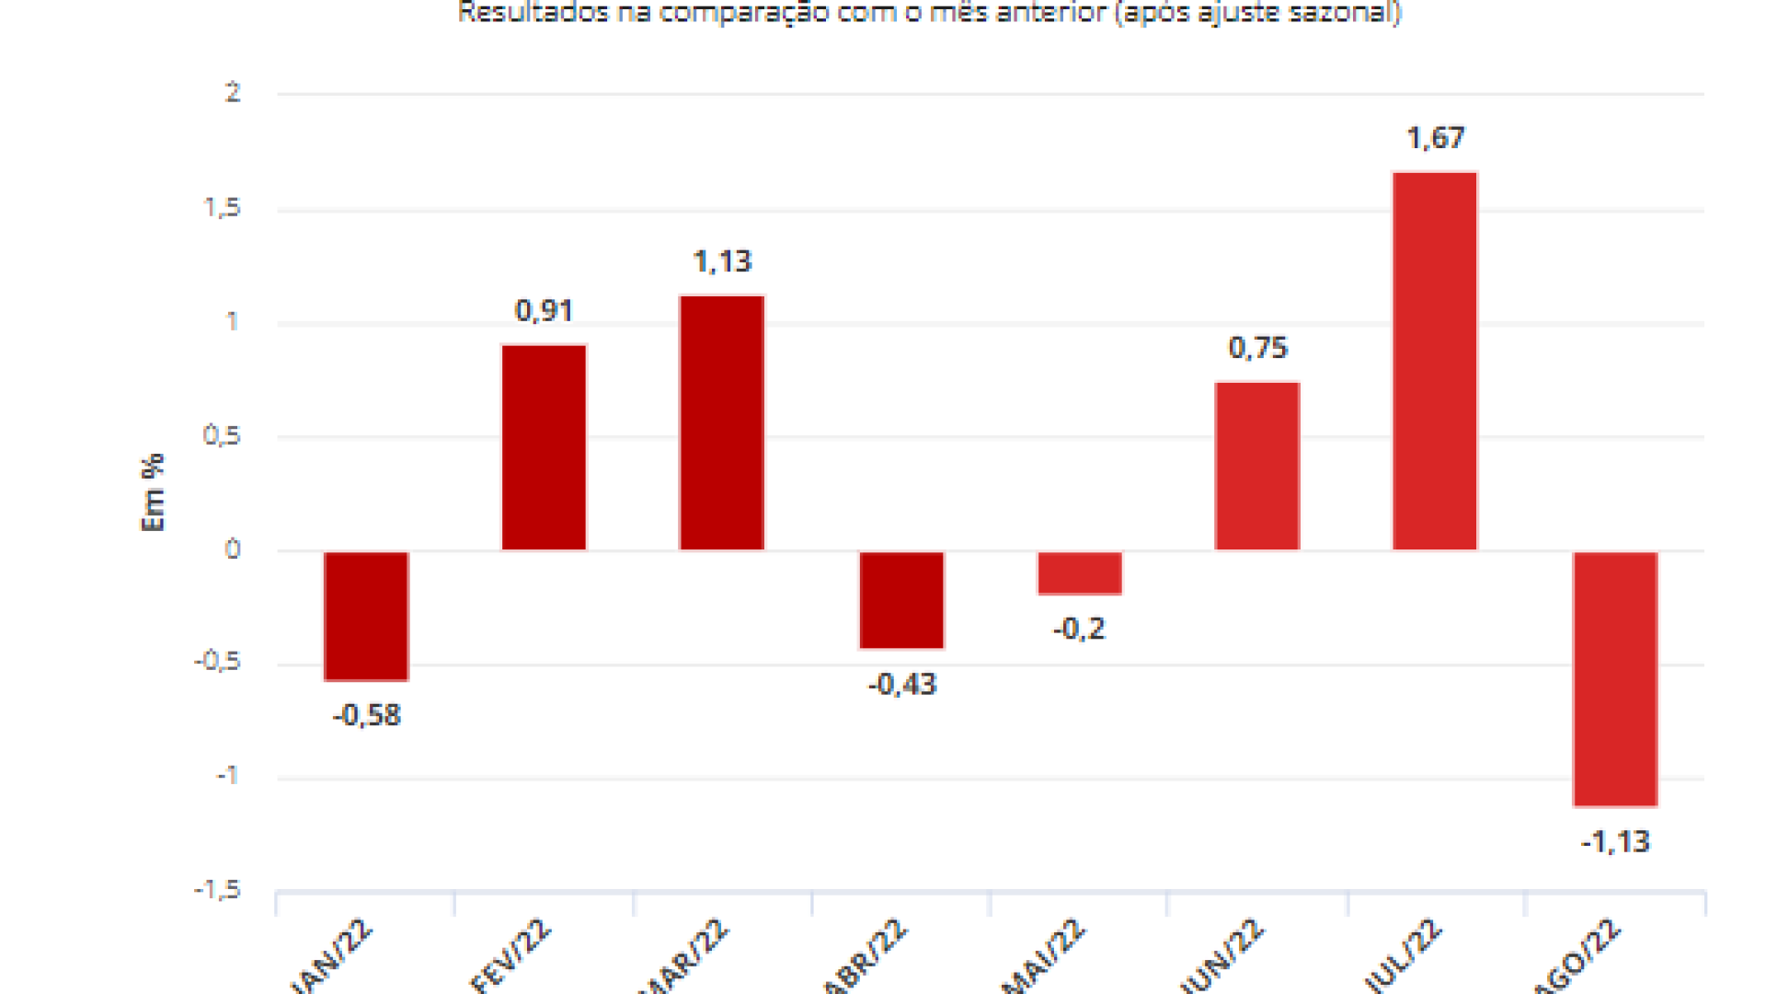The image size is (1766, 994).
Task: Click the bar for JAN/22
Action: (366, 616)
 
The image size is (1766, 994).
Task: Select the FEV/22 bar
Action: (544, 447)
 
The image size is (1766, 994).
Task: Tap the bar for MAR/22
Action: (722, 422)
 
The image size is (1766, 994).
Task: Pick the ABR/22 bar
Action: (901, 600)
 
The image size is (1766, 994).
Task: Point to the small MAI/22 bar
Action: (1080, 573)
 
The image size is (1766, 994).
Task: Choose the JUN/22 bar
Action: (1257, 466)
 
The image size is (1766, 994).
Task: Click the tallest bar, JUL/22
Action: (1435, 361)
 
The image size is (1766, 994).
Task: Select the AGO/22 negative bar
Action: (1615, 679)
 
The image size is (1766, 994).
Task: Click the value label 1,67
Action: (1436, 138)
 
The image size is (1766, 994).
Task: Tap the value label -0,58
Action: (367, 715)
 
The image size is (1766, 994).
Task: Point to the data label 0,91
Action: (544, 311)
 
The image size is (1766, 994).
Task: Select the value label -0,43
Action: (902, 684)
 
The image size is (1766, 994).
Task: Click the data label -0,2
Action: (1079, 629)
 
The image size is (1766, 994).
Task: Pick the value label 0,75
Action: (1258, 348)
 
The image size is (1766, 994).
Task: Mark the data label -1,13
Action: (1615, 841)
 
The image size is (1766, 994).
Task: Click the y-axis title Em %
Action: (153, 492)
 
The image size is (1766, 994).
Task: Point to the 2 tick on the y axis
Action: (233, 92)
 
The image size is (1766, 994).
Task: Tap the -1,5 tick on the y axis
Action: (217, 889)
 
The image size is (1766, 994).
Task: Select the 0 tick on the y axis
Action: (233, 549)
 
